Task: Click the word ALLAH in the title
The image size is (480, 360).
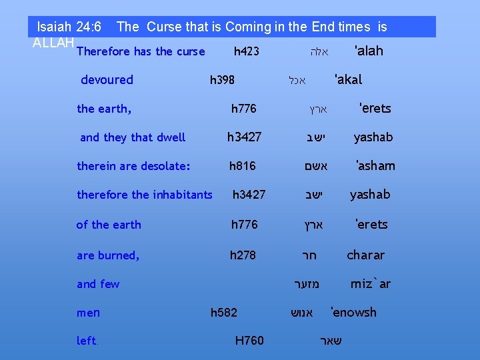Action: tap(53, 43)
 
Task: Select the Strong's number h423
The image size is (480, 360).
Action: tap(247, 51)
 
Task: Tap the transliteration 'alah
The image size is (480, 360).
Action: tap(369, 51)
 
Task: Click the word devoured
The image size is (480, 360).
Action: tap(107, 80)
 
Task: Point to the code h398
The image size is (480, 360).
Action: tap(222, 80)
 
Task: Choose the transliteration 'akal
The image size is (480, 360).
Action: tap(348, 80)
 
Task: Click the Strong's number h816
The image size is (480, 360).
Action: tap(242, 165)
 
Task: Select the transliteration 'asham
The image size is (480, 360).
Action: tap(375, 165)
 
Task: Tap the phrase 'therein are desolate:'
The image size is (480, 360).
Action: tap(133, 165)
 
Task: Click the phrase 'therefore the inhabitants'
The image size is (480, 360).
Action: tap(145, 195)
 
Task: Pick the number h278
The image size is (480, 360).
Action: tap(243, 255)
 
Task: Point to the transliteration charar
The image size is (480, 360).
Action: tap(365, 255)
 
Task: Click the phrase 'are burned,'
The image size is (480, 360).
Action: tap(108, 255)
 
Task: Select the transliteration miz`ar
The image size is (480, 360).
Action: tap(371, 284)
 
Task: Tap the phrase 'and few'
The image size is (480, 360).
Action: tap(98, 284)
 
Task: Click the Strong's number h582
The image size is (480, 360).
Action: tap(223, 312)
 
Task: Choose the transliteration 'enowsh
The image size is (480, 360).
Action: tap(353, 312)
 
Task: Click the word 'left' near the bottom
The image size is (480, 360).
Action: tap(86, 341)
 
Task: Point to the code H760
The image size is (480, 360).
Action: tap(249, 341)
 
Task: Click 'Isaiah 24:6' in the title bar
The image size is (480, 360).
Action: tap(69, 27)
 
